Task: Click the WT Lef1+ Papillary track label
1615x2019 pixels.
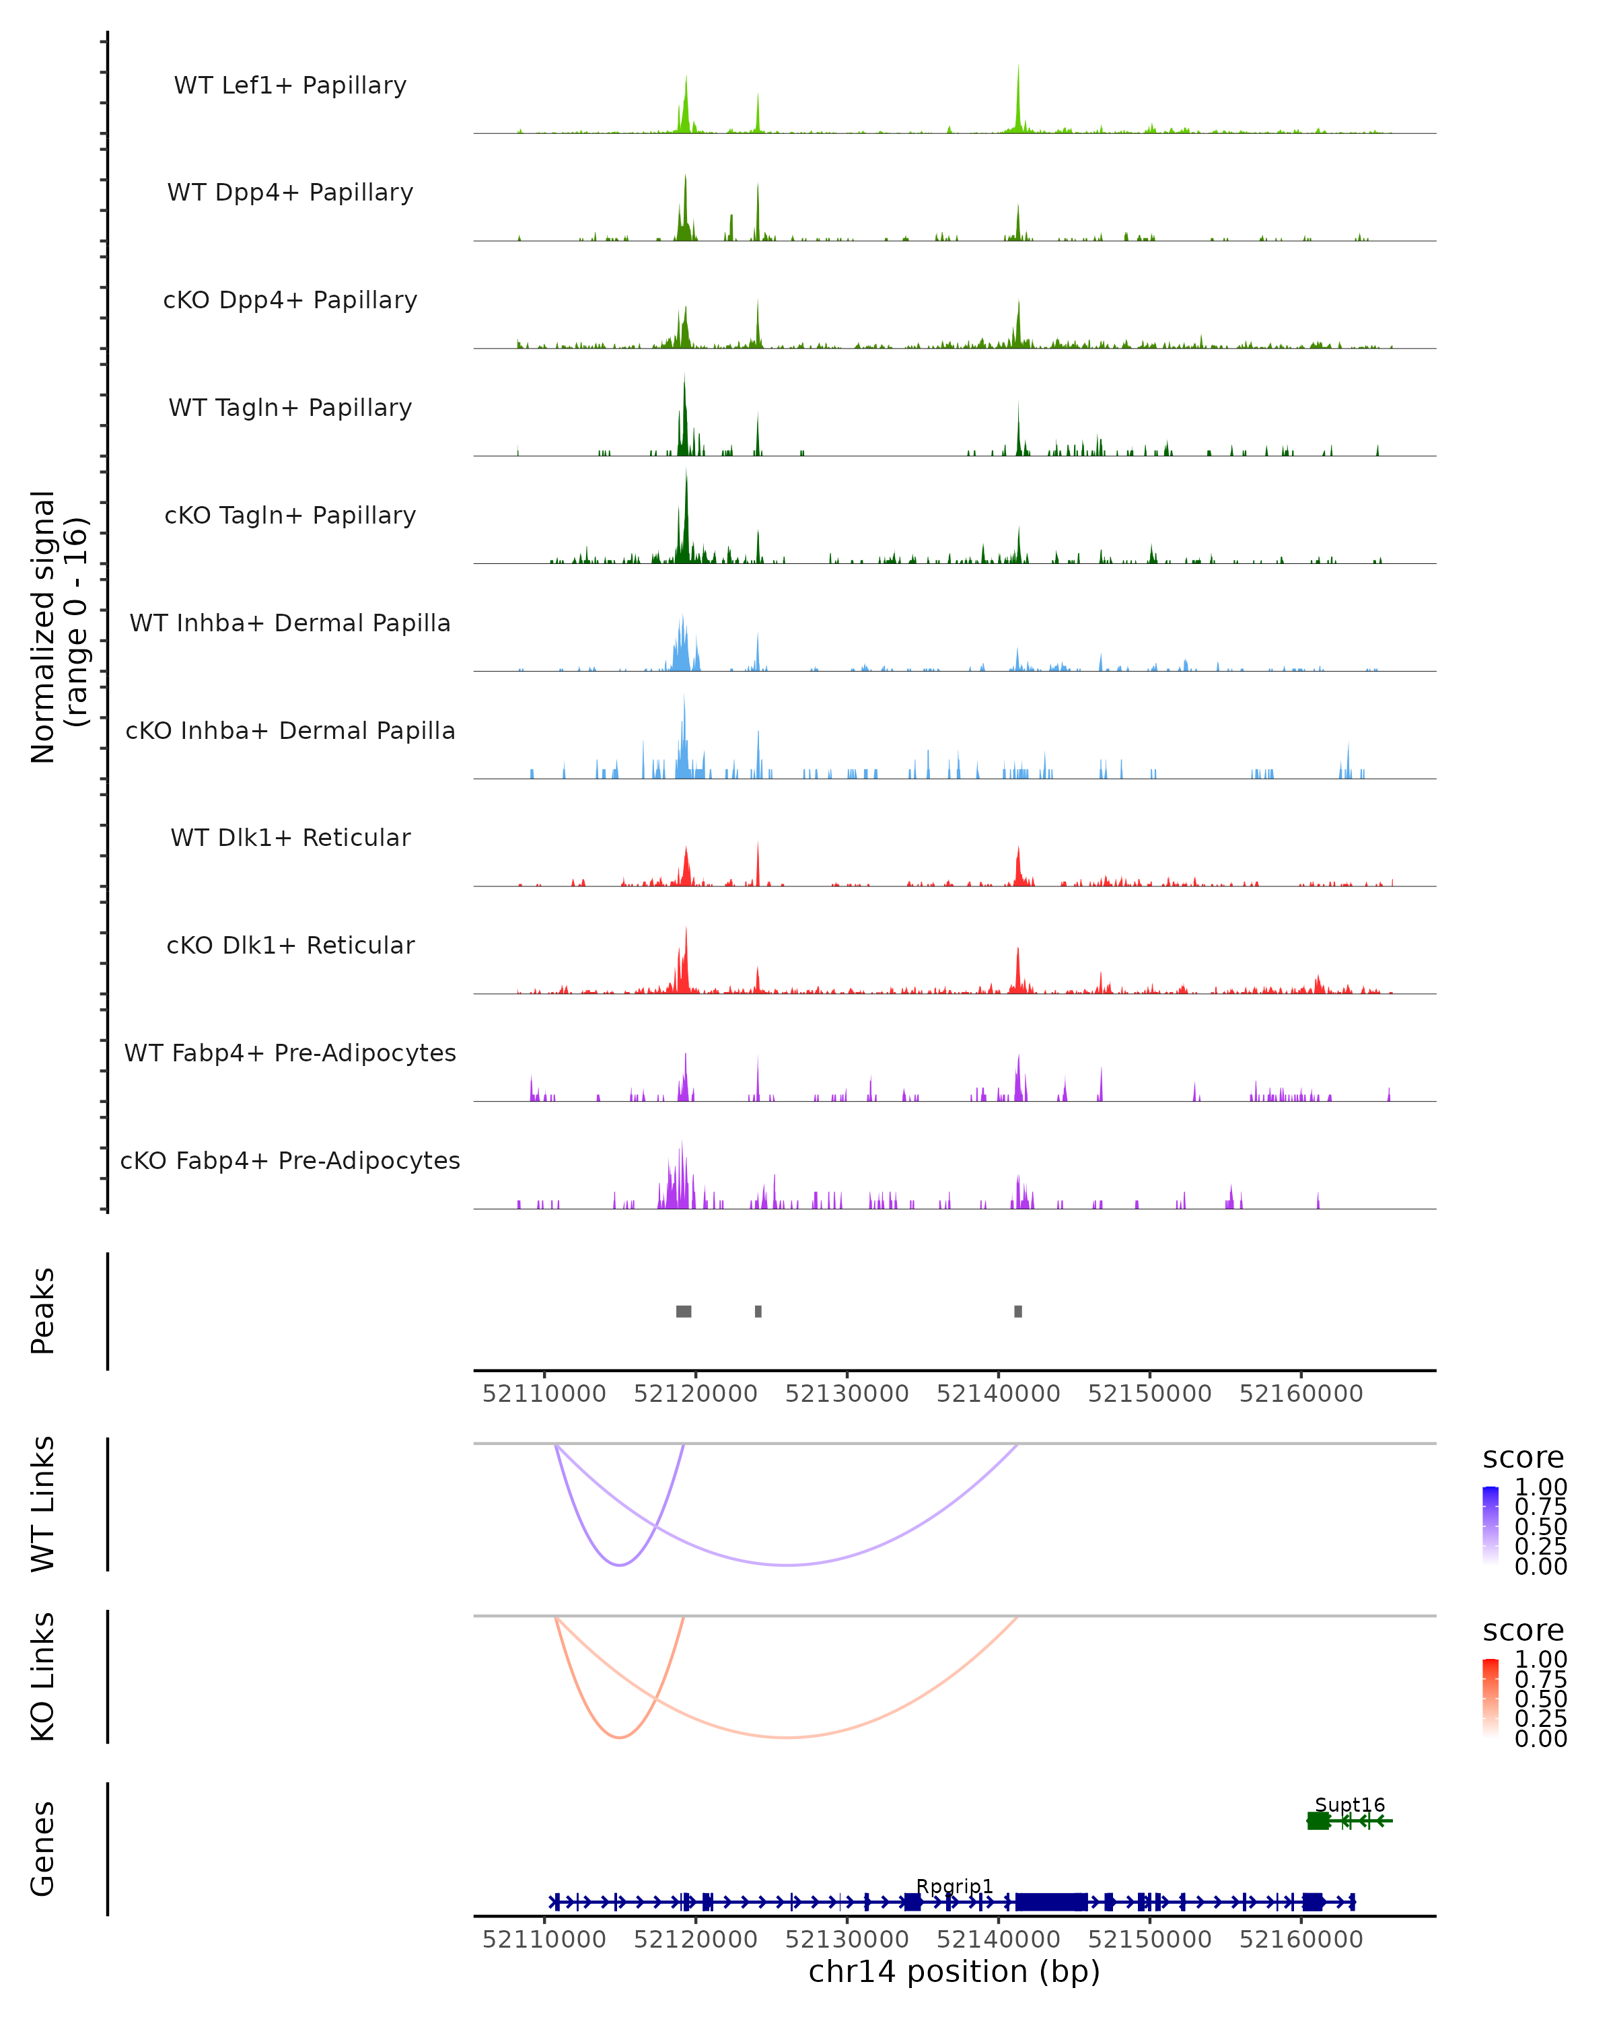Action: click(290, 86)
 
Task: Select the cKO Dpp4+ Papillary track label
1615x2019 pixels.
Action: click(290, 301)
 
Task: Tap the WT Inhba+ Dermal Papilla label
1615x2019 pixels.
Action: click(290, 624)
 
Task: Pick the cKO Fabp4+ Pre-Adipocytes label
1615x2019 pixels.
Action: click(290, 1161)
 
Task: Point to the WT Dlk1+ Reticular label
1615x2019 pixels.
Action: click(290, 838)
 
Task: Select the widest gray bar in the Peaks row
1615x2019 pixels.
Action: click(684, 1311)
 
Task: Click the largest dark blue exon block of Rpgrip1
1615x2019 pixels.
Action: click(1051, 1902)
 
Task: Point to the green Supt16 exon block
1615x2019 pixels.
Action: click(1318, 1820)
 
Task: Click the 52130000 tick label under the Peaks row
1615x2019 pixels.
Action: click(847, 1394)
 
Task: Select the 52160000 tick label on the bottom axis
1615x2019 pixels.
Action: click(1301, 1940)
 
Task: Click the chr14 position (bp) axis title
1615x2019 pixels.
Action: click(954, 1972)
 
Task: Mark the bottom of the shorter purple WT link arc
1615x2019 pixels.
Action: click(619, 1565)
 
